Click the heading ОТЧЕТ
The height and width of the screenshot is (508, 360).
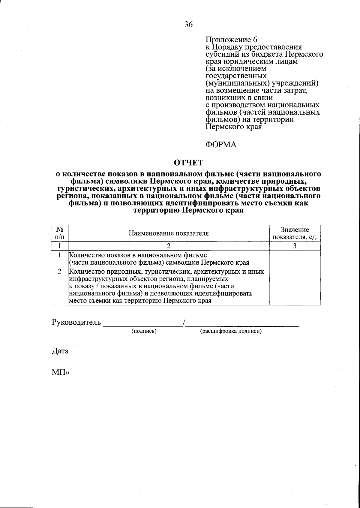pos(189,163)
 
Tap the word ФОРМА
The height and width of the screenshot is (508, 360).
pos(221,145)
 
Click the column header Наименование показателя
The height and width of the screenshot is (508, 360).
pos(169,233)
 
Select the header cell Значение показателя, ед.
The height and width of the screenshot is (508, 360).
pos(295,233)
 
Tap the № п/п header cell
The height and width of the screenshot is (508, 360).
pos(60,233)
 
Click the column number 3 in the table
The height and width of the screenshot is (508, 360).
pos(295,246)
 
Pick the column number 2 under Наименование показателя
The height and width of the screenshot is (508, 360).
pos(169,246)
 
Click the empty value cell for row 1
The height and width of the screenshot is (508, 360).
pos(295,259)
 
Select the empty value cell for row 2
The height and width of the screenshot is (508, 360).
pos(295,286)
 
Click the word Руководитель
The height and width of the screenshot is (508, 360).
pos(76,323)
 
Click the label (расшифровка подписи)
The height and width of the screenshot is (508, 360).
pos(231,331)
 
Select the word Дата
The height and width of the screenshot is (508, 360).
pos(60,351)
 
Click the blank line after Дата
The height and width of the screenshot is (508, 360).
pos(115,354)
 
